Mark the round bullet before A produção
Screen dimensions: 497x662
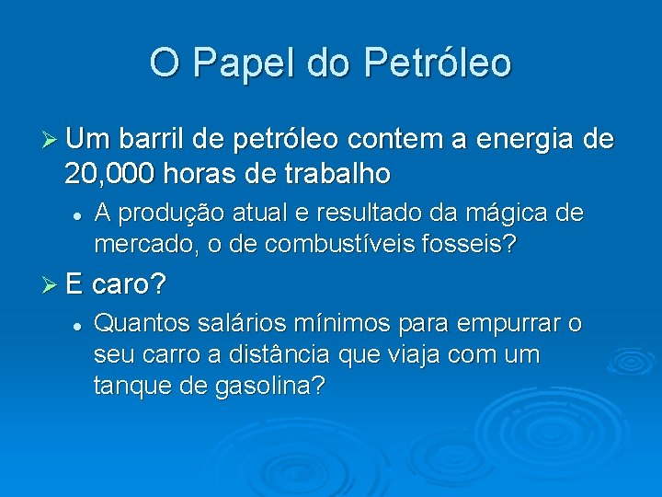point(80,214)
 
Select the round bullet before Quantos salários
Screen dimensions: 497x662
point(80,324)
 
